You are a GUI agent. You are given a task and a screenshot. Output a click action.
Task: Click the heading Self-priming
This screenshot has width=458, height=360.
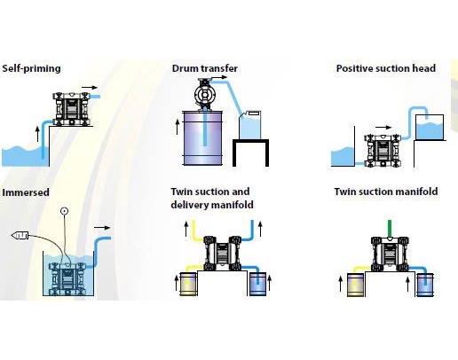point(31,68)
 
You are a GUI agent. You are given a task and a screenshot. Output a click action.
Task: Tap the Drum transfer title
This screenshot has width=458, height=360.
point(205,68)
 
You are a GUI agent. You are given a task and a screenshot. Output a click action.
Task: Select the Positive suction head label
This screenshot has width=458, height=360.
point(386,68)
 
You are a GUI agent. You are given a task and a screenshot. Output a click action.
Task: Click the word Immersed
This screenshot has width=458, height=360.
point(26,192)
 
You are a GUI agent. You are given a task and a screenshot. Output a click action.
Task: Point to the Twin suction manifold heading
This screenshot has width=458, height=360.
point(386,192)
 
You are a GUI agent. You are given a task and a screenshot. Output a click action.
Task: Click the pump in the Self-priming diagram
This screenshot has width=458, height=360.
point(71,109)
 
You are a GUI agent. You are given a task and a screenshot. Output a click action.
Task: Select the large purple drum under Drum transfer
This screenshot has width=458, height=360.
point(202,138)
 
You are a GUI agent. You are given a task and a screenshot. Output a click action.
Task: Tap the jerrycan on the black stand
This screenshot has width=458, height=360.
point(250,125)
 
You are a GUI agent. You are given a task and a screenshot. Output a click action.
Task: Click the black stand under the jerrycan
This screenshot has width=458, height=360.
point(250,153)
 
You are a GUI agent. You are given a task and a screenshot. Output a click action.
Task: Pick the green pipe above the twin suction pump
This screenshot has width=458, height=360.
point(390,229)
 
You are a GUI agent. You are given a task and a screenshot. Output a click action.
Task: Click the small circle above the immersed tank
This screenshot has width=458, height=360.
point(64,211)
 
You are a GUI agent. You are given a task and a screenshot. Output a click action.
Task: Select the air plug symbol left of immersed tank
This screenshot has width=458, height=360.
point(20,236)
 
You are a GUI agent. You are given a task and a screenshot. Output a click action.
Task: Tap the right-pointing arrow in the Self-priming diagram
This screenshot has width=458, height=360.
point(90,88)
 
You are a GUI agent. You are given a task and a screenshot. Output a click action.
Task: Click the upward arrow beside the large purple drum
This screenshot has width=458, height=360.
point(178,127)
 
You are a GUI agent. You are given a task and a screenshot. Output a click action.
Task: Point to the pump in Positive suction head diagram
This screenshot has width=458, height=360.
point(383,151)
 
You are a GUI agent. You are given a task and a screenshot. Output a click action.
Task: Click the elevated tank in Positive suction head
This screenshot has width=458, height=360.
point(430,128)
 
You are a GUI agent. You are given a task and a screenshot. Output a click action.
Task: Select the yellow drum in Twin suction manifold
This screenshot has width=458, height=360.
point(355,285)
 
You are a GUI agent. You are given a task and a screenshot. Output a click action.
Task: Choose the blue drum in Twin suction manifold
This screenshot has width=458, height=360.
point(425,285)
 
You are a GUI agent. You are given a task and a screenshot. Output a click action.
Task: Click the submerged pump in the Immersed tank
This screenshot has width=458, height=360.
point(67,278)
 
